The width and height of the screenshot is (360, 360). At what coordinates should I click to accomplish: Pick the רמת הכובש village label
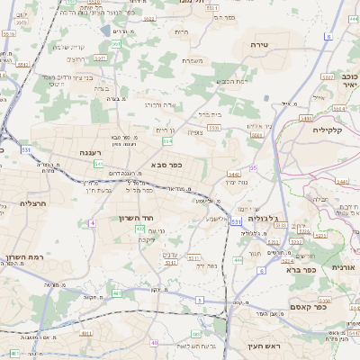point(229,82)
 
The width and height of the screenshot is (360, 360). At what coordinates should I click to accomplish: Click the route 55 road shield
point(254,167)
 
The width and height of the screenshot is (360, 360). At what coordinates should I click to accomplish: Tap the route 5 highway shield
point(199,301)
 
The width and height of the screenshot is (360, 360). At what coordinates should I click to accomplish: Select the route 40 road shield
point(155,343)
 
